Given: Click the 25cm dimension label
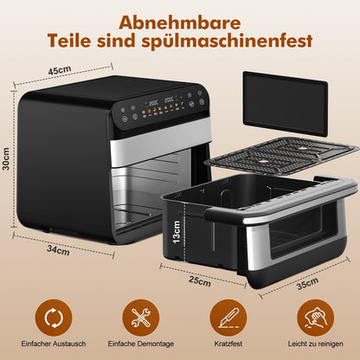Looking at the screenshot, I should (x=201, y=282).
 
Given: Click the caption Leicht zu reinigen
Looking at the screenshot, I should (x=314, y=346).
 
